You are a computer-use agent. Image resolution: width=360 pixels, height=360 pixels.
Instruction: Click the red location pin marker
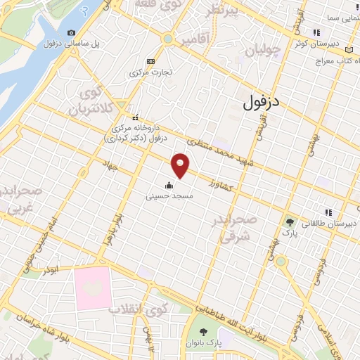pos(181,165)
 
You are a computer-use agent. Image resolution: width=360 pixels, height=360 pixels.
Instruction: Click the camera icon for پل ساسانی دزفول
pos(71,33)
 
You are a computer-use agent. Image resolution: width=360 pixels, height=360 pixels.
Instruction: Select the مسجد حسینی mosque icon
pos(169,186)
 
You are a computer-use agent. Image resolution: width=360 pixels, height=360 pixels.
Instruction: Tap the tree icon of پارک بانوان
pos(203,331)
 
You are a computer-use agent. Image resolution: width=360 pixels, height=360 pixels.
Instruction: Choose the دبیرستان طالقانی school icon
pos(326,212)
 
